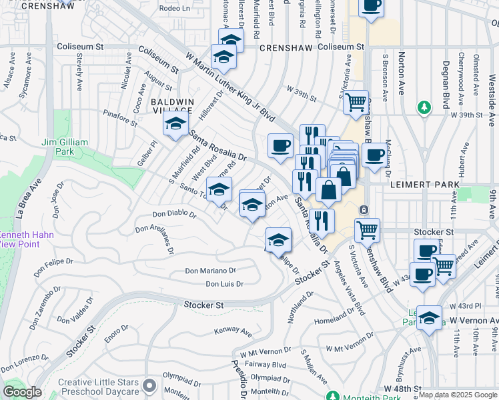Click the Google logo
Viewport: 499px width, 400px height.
(x=22, y=392)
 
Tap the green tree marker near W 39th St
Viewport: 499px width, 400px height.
(x=423, y=107)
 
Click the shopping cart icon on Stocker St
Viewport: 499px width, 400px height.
(x=367, y=229)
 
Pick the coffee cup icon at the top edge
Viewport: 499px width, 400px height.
(x=371, y=6)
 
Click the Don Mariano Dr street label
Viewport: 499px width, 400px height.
(x=210, y=271)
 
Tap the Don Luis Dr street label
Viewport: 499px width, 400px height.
(x=224, y=284)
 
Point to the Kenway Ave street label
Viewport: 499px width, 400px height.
(x=233, y=331)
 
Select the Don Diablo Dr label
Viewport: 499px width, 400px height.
(x=174, y=215)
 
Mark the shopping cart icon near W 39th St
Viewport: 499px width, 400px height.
(x=356, y=102)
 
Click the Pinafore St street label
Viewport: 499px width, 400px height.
(x=120, y=118)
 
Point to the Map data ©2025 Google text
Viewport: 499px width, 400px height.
(x=458, y=395)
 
